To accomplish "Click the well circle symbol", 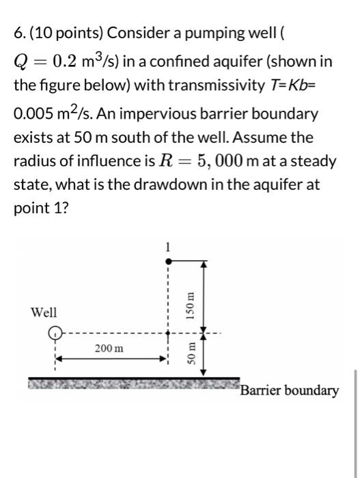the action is [x=54, y=335].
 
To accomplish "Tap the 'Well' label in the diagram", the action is [x=44, y=313].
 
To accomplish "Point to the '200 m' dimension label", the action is [x=109, y=348].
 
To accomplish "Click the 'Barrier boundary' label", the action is [x=289, y=391].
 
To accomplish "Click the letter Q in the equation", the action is [x=21, y=62].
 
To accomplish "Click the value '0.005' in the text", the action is [x=35, y=113].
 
